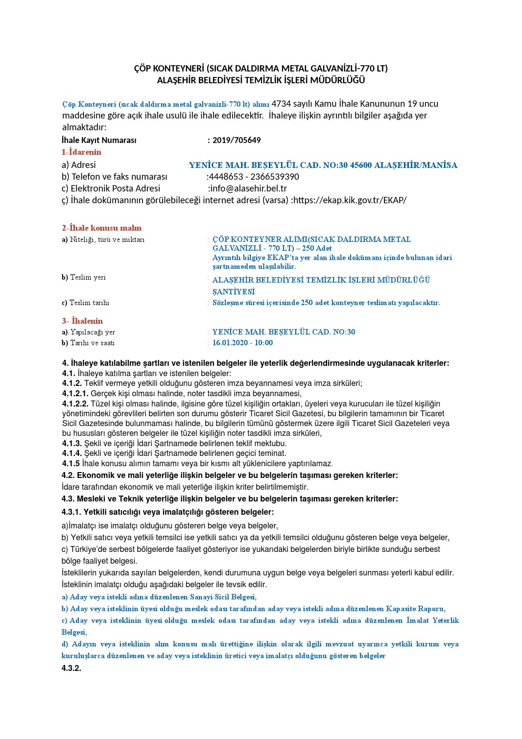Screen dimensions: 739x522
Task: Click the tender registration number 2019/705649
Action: tap(237, 141)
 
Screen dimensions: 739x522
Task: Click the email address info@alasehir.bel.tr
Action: tap(248, 189)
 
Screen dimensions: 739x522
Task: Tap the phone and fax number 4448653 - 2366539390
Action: tap(254, 177)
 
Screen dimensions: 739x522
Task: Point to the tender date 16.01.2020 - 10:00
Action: tap(242, 343)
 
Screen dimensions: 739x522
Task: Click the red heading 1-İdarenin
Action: tap(81, 152)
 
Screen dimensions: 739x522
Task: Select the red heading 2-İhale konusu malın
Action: tap(101, 228)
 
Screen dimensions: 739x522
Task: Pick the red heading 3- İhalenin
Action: tap(82, 321)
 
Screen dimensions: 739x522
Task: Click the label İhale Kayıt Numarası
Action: tap(99, 141)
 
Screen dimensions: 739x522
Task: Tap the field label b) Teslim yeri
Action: tap(84, 278)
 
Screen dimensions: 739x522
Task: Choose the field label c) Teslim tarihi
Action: tap(86, 303)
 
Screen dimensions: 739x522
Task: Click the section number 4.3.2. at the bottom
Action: tap(71, 668)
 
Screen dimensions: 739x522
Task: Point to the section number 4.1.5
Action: tap(71, 464)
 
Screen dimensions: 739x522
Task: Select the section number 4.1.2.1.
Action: tap(75, 394)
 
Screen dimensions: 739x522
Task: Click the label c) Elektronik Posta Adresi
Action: tap(111, 189)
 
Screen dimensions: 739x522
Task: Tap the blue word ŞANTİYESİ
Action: tap(234, 292)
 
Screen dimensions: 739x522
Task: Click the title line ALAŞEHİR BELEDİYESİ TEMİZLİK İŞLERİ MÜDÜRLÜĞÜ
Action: tap(261, 80)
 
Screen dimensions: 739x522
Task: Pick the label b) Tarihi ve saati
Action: tap(88, 343)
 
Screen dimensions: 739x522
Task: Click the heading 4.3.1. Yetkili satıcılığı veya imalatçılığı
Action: tap(167, 512)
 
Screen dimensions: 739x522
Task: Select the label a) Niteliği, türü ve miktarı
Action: tap(103, 240)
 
